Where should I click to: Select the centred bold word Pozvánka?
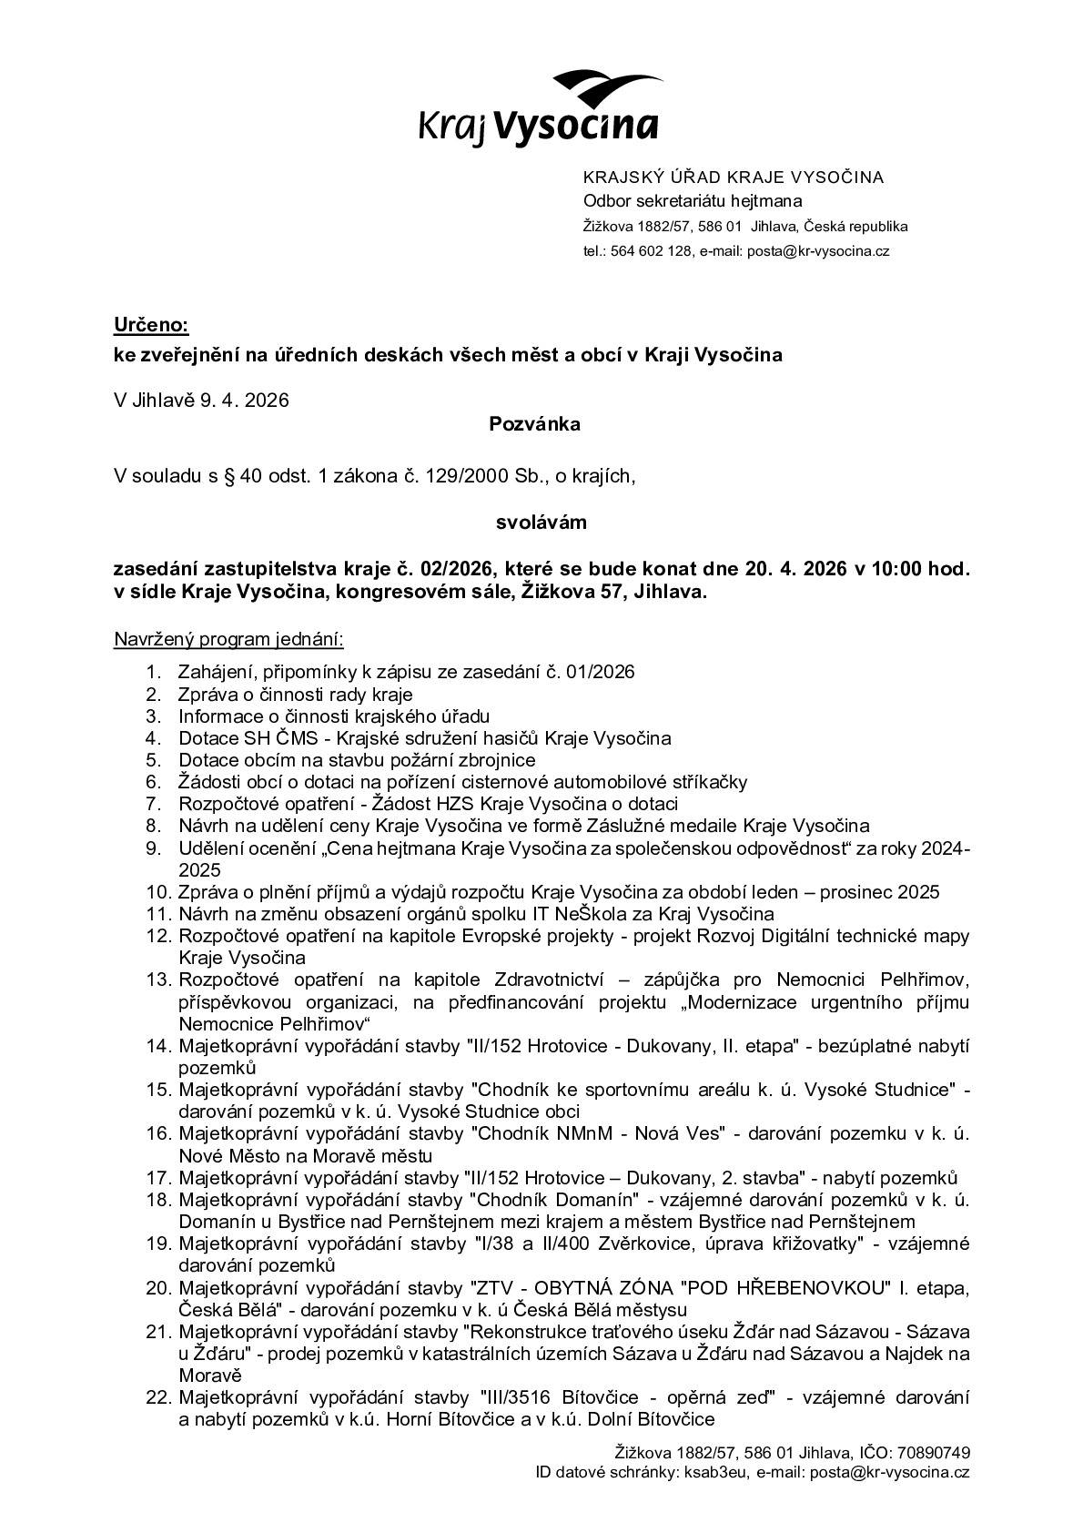click(534, 423)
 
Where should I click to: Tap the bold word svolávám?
click(541, 523)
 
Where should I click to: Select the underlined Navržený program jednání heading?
click(228, 639)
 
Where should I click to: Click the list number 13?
click(158, 980)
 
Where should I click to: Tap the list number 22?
click(158, 1396)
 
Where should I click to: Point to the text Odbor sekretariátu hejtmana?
click(692, 201)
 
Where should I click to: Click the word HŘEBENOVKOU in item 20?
click(815, 1287)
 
